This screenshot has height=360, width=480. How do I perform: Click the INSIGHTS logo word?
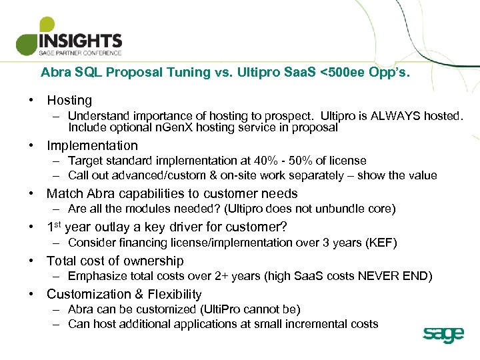81,41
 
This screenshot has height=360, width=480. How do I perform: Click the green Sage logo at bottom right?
443,335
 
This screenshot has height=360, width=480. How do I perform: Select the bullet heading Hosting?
69,101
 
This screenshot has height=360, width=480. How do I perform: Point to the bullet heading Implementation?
92,145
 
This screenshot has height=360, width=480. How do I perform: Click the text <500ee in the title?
342,72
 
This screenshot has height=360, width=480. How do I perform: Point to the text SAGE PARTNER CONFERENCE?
80,53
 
